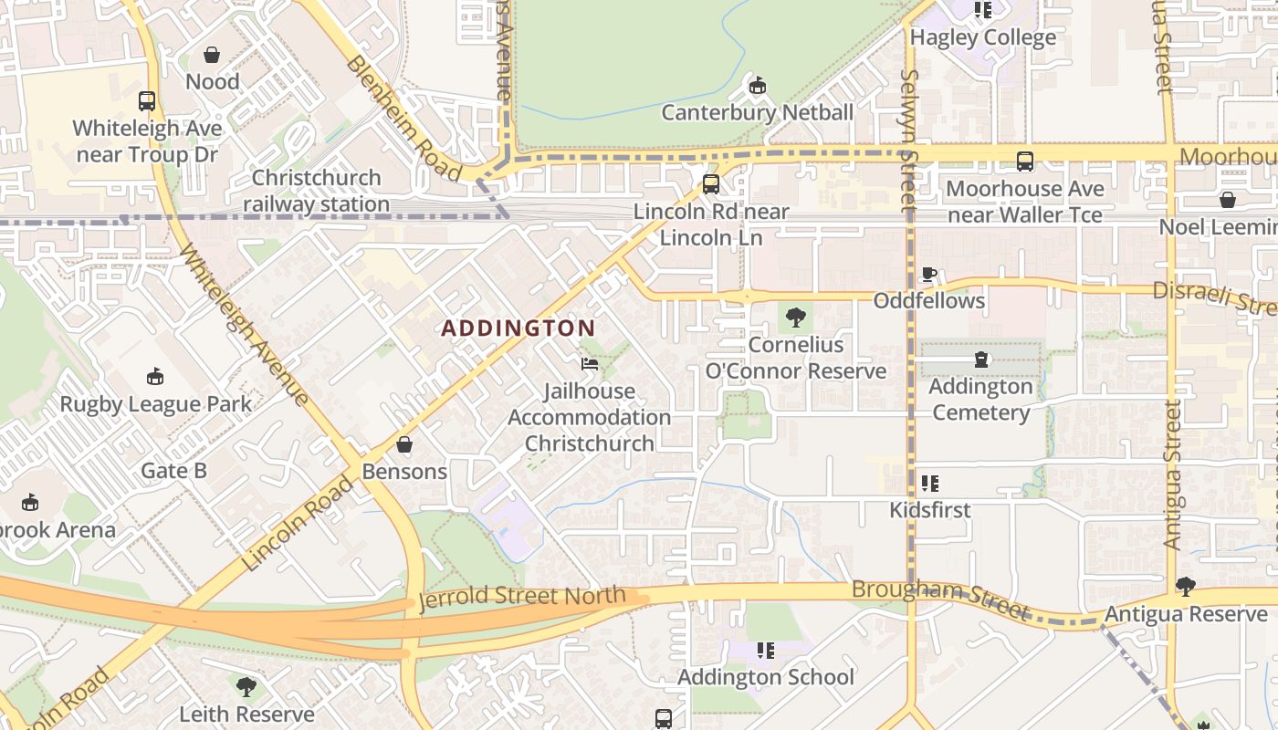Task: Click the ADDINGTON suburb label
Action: pyautogui.click(x=519, y=328)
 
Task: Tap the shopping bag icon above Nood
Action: pyautogui.click(x=212, y=56)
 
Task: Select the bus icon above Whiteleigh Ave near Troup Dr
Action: pyautogui.click(x=147, y=101)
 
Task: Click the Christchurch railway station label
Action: pyautogui.click(x=316, y=191)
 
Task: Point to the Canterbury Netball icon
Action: pyautogui.click(x=757, y=87)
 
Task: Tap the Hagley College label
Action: pyautogui.click(x=983, y=37)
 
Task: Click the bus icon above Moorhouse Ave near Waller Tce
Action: pyautogui.click(x=1025, y=162)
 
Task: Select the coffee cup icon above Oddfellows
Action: pyautogui.click(x=929, y=274)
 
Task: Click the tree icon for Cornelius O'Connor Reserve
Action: pyautogui.click(x=796, y=318)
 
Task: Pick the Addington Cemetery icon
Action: pyautogui.click(x=981, y=360)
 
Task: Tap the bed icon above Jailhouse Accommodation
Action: pyautogui.click(x=590, y=364)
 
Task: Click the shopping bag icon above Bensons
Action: pyautogui.click(x=404, y=445)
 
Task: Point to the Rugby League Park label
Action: pyautogui.click(x=155, y=403)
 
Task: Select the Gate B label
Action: pyautogui.click(x=173, y=471)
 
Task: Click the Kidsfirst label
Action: pyautogui.click(x=930, y=509)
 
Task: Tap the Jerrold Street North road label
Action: pyautogui.click(x=522, y=599)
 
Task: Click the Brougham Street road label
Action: pyautogui.click(x=940, y=600)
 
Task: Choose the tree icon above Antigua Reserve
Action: pyautogui.click(x=1186, y=587)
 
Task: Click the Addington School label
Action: pyautogui.click(x=765, y=677)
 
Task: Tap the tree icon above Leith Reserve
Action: pyautogui.click(x=246, y=687)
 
